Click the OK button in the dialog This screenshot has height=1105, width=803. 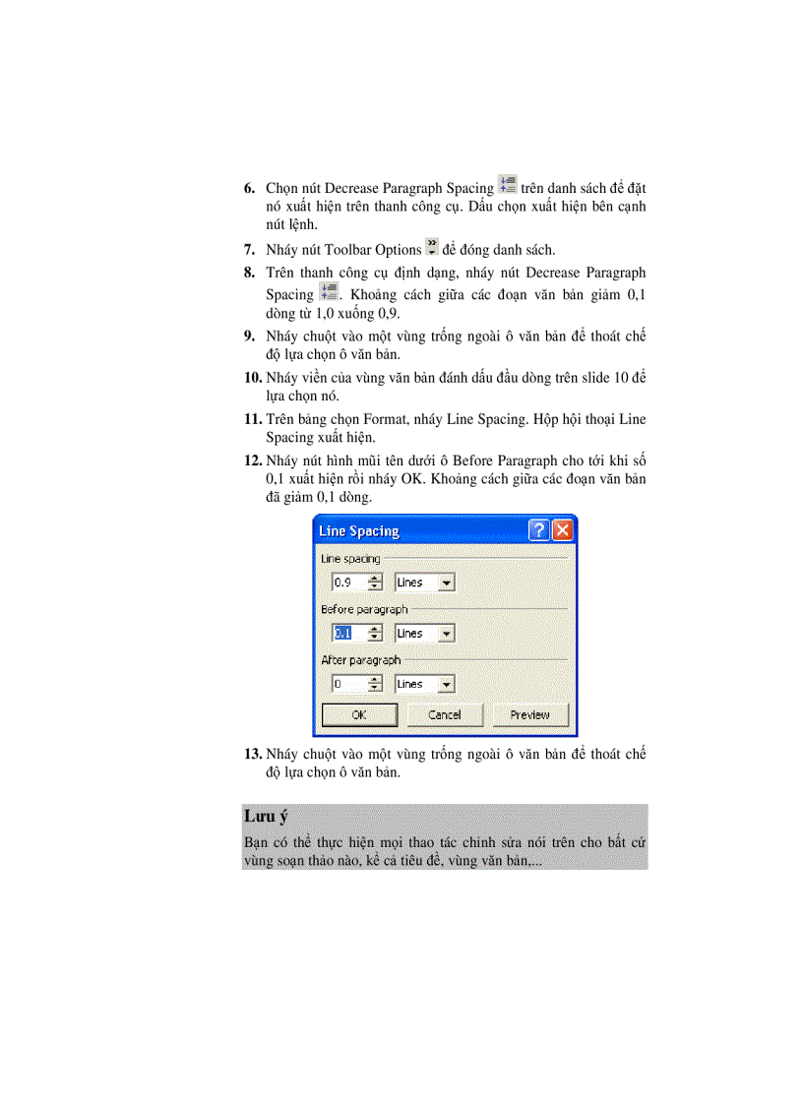(x=359, y=715)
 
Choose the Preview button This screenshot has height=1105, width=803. (x=529, y=715)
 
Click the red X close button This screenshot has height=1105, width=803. (x=562, y=530)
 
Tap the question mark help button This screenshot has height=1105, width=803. (x=539, y=530)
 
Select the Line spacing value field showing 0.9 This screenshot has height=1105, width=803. (x=347, y=583)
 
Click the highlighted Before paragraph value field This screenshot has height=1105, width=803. (x=347, y=634)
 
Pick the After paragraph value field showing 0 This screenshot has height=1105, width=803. (x=347, y=684)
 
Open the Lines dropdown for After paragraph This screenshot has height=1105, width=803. (x=446, y=684)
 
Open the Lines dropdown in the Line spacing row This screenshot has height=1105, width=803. (x=446, y=583)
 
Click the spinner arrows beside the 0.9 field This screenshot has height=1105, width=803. (x=374, y=583)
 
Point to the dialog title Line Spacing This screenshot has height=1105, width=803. (x=358, y=531)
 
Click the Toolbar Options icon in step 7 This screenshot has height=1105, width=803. (x=431, y=248)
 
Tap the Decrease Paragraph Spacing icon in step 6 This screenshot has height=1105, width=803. (x=507, y=185)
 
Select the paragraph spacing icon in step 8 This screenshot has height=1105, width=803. (x=329, y=292)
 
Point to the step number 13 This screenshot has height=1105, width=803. (x=252, y=755)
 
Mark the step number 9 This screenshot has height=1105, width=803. (x=250, y=337)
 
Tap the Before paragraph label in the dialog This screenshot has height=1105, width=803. (x=363, y=610)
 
